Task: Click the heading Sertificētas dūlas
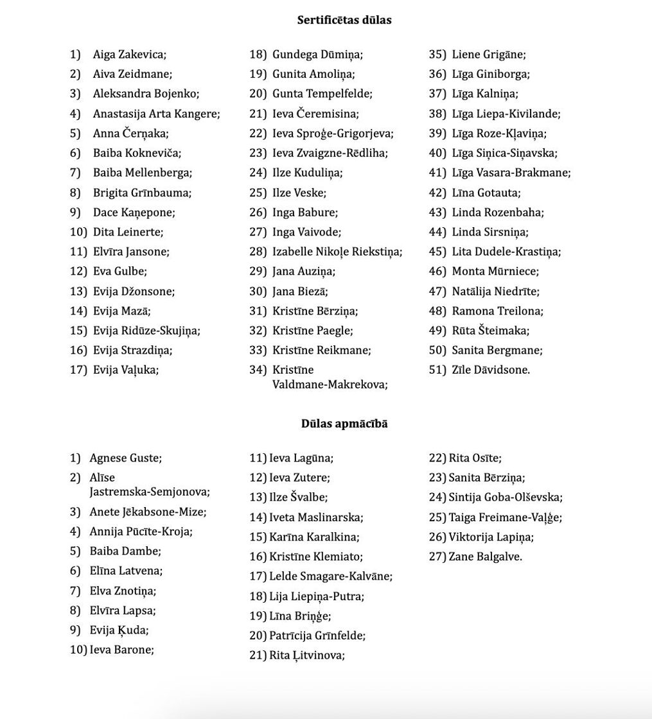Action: pos(344,20)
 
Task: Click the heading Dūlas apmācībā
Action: pos(344,424)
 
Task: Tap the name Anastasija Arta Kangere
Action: pos(156,114)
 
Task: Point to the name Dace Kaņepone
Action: pos(134,212)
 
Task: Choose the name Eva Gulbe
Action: pos(119,271)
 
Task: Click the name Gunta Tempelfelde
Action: pos(322,94)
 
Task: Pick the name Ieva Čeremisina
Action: pos(315,114)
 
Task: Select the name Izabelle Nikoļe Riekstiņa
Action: pos(337,252)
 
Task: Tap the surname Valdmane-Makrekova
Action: pos(330,385)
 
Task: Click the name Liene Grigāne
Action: pos(488,55)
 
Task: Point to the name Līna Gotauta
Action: pos(486,193)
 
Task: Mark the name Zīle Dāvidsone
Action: pos(491,370)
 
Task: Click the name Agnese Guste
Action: pos(125,458)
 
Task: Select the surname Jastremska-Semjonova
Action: pos(150,492)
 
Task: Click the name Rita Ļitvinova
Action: pos(307,655)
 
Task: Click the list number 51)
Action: pos(437,370)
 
